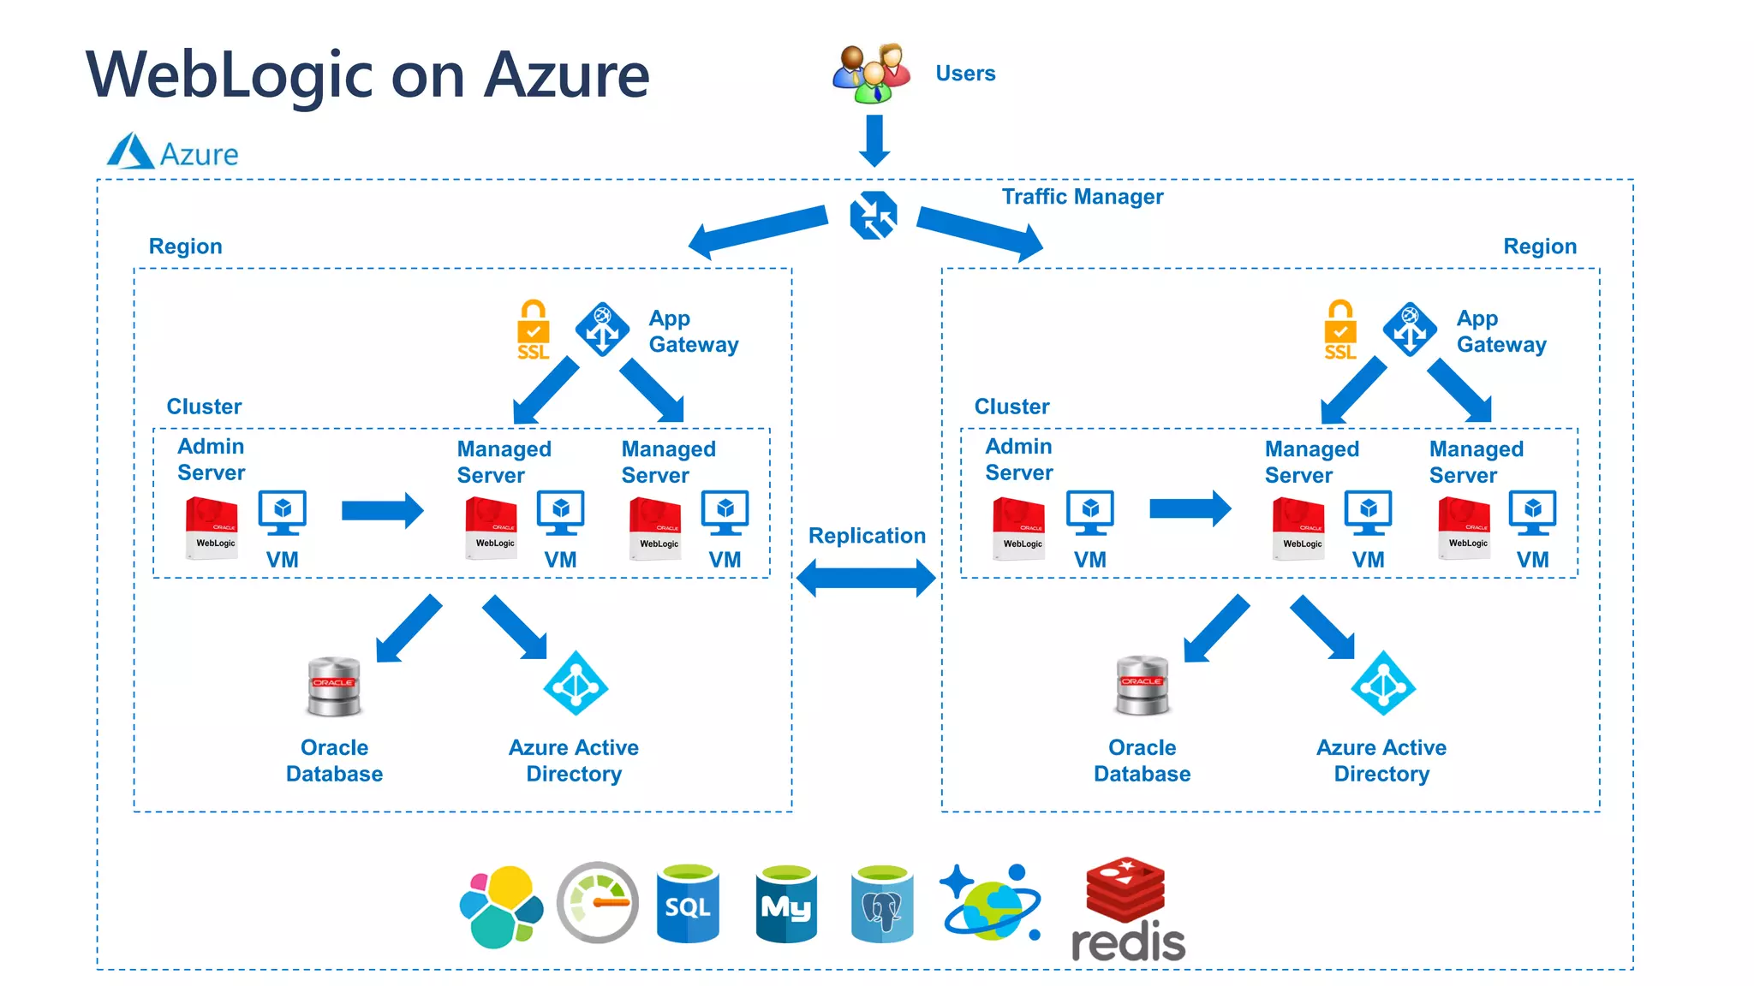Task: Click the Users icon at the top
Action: coord(872,74)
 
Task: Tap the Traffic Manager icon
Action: coord(874,215)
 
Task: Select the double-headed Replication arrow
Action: coord(866,578)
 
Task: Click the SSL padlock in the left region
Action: coord(533,330)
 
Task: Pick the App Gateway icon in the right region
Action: coord(1410,329)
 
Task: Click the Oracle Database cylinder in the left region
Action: coord(334,686)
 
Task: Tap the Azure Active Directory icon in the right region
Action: coord(1383,684)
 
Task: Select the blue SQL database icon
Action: coord(688,904)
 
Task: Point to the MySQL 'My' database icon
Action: coord(786,904)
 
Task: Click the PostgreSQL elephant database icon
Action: coord(882,904)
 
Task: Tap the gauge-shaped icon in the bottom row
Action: coord(598,903)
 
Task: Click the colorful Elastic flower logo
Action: coord(502,906)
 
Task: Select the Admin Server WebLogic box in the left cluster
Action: coord(212,528)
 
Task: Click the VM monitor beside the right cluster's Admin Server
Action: coord(1090,513)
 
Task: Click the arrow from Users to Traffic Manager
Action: coord(874,140)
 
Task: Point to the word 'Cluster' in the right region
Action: coord(1011,407)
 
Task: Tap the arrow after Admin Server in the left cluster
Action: coord(382,511)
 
